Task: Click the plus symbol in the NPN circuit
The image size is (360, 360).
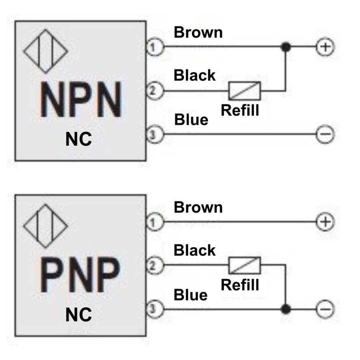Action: pyautogui.click(x=325, y=47)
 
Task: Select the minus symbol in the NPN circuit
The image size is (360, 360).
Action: pyautogui.click(x=325, y=134)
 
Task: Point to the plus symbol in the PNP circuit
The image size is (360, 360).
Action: pyautogui.click(x=325, y=222)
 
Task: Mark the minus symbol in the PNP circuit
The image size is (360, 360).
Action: pyautogui.click(x=325, y=309)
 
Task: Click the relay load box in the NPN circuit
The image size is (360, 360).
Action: pyautogui.click(x=244, y=91)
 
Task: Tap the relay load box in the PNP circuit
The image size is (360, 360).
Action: pyautogui.click(x=244, y=265)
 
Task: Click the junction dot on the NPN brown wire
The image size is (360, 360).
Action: pyautogui.click(x=285, y=47)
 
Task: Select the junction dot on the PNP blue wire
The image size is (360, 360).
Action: pyautogui.click(x=285, y=309)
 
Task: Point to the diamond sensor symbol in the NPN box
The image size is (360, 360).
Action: pyautogui.click(x=46, y=51)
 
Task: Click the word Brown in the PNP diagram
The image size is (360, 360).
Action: pyautogui.click(x=198, y=207)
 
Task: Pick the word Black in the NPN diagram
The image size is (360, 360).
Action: pyautogui.click(x=194, y=75)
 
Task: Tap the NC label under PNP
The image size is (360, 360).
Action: pyautogui.click(x=78, y=314)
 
